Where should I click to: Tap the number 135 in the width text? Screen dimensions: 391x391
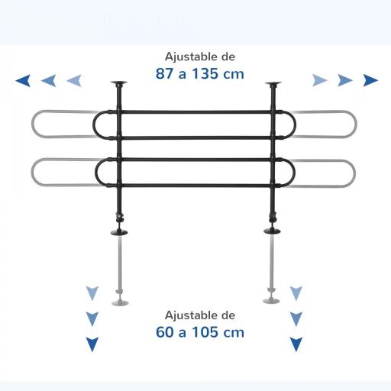(205, 74)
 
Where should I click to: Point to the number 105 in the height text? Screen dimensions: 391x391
(205, 332)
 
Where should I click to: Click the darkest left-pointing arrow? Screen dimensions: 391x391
(24, 81)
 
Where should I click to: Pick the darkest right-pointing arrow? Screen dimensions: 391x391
(370, 80)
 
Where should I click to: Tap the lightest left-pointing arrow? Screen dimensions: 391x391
(74, 81)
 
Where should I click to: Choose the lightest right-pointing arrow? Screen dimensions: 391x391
(320, 80)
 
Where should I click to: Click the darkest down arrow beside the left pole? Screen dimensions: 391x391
(92, 344)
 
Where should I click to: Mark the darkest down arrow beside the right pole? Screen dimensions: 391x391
(296, 344)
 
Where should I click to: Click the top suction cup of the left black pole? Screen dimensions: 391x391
(119, 83)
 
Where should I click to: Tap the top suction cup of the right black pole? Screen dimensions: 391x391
(273, 83)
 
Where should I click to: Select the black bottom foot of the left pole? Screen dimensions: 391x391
(119, 232)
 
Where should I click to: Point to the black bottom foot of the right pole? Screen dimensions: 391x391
(272, 231)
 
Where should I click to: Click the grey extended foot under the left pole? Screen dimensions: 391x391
(120, 302)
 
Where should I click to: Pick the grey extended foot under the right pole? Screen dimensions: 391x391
(271, 301)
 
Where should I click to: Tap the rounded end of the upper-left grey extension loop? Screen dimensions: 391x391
(33, 124)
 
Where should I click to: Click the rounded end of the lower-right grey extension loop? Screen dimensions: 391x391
(354, 173)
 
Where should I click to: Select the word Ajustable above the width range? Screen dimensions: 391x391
(191, 57)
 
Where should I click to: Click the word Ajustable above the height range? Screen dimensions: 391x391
(191, 315)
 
